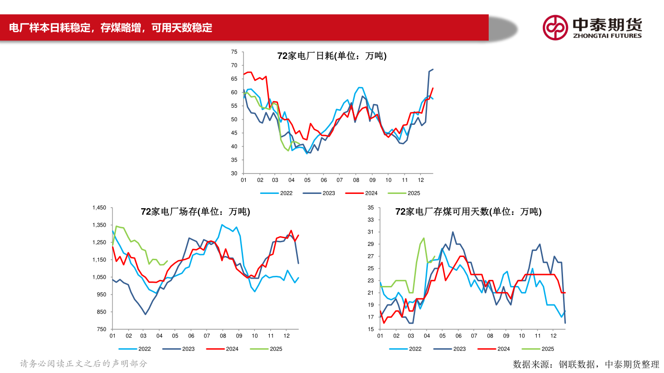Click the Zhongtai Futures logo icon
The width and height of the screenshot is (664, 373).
pyautogui.click(x=555, y=28)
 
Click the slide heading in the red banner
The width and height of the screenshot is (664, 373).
pyautogui.click(x=111, y=28)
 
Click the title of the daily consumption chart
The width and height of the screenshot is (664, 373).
pyautogui.click(x=332, y=56)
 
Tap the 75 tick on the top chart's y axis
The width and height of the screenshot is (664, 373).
pyautogui.click(x=234, y=52)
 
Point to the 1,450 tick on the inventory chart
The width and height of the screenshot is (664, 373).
pyautogui.click(x=99, y=208)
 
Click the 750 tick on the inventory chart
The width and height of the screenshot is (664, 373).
pyautogui.click(x=101, y=329)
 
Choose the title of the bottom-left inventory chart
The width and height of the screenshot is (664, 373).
pyautogui.click(x=196, y=212)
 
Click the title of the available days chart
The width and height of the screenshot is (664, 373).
pyautogui.click(x=468, y=212)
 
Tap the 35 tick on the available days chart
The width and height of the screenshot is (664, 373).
pyautogui.click(x=371, y=208)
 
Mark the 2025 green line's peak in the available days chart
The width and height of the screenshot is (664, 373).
pyautogui.click(x=424, y=238)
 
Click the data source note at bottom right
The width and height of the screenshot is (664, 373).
pyautogui.click(x=586, y=364)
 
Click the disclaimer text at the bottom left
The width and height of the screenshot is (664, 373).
pyautogui.click(x=83, y=363)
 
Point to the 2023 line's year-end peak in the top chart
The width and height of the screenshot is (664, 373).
pyautogui.click(x=433, y=70)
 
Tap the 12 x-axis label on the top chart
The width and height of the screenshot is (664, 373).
pyautogui.click(x=421, y=180)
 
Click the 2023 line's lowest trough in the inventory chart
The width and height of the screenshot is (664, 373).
pyautogui.click(x=145, y=314)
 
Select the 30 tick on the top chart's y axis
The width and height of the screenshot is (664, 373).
pyautogui.click(x=234, y=174)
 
